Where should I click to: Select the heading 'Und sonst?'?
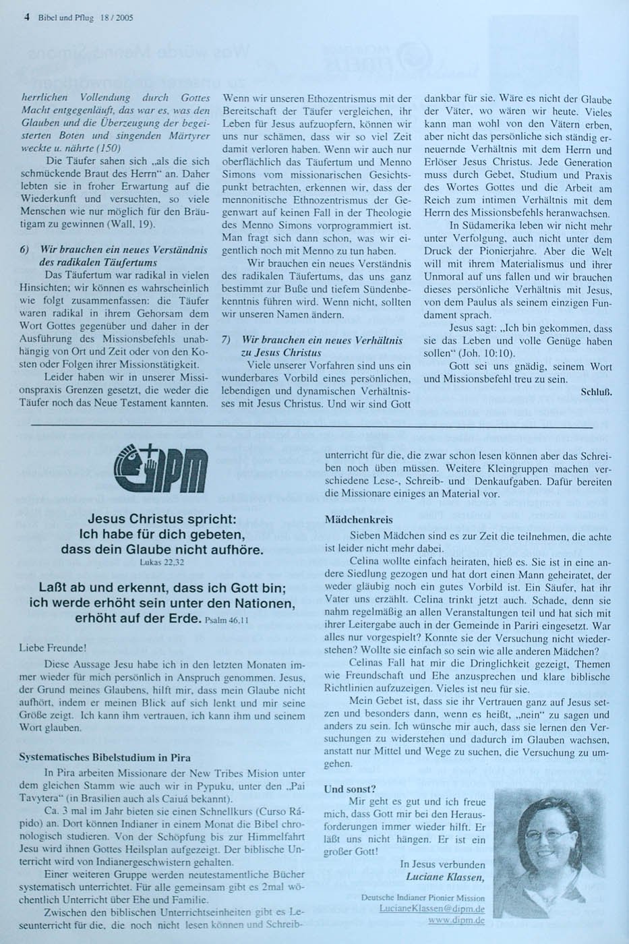click(351, 788)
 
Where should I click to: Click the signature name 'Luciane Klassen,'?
click(445, 877)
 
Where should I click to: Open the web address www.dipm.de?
click(456, 920)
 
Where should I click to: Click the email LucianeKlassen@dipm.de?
click(432, 909)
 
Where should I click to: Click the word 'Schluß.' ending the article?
click(596, 391)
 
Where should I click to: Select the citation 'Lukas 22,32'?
click(161, 561)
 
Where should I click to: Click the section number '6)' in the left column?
click(24, 249)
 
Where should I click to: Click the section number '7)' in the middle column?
click(227, 341)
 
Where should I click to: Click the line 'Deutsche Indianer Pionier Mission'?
click(423, 897)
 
